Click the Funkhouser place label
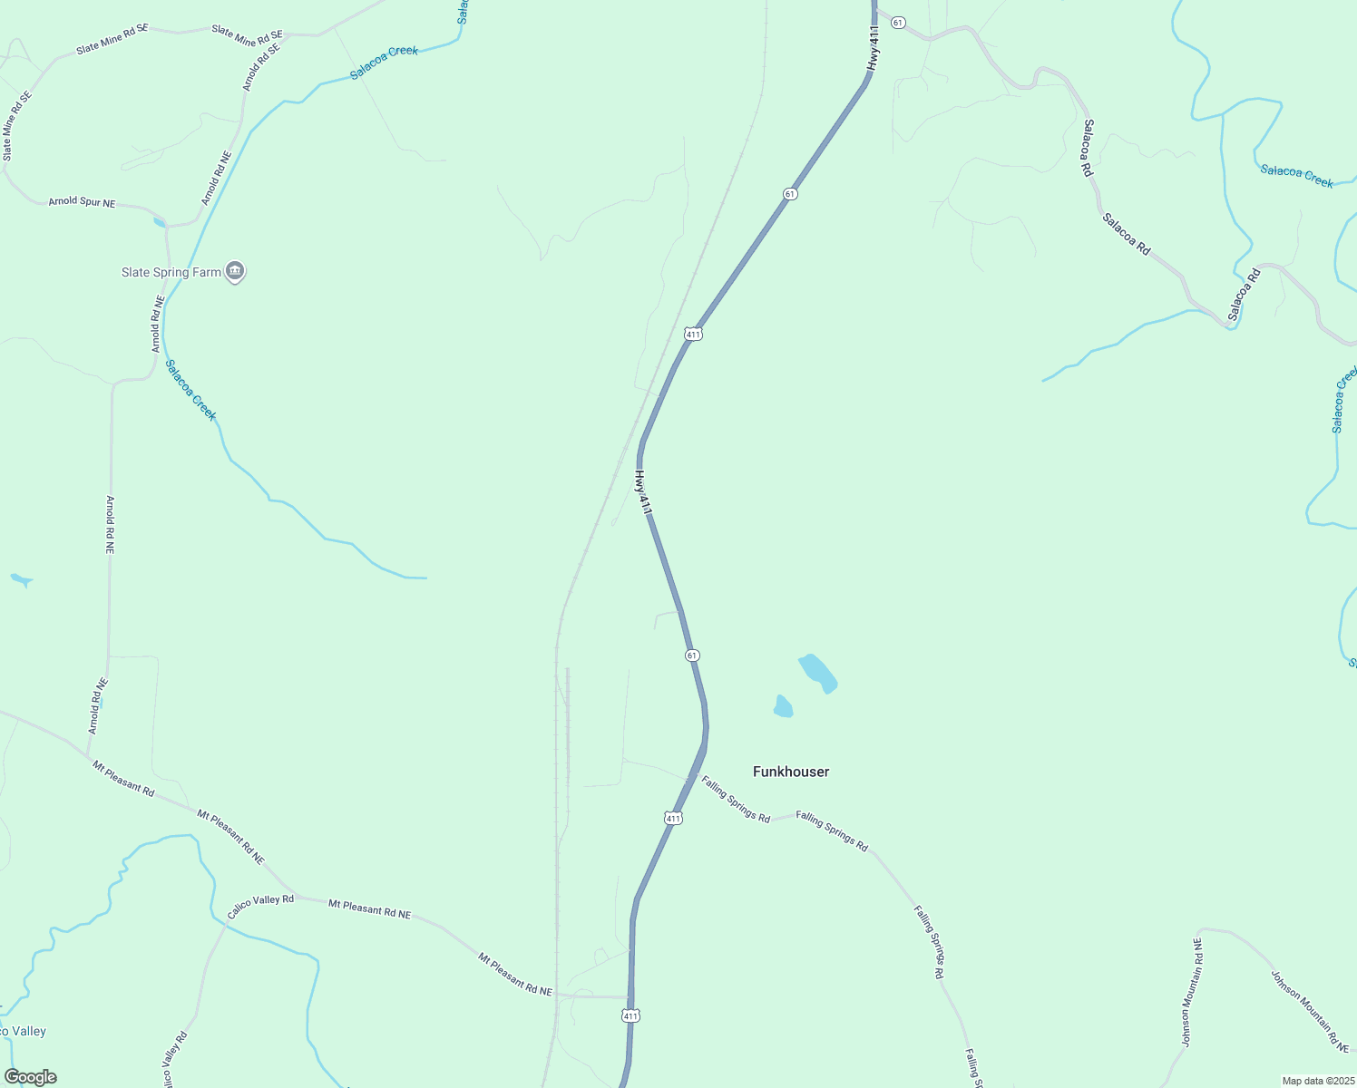click(x=791, y=772)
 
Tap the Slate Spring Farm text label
click(x=171, y=272)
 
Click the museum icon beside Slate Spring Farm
click(x=235, y=271)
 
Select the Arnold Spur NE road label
click(x=82, y=202)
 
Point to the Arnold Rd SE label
click(x=261, y=65)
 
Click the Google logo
click(x=30, y=1077)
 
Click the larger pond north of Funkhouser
click(x=817, y=673)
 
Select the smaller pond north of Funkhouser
click(x=783, y=706)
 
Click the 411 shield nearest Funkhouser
click(x=673, y=818)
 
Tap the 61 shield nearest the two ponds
click(x=692, y=655)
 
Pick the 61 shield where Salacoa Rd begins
click(x=897, y=22)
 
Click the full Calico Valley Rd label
click(x=260, y=906)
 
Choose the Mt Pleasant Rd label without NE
click(x=123, y=779)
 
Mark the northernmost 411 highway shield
click(x=693, y=334)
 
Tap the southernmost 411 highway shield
click(x=631, y=1015)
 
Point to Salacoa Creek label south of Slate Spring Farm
click(x=190, y=390)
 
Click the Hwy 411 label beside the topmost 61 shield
click(x=873, y=49)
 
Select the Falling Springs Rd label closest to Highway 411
click(x=735, y=799)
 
